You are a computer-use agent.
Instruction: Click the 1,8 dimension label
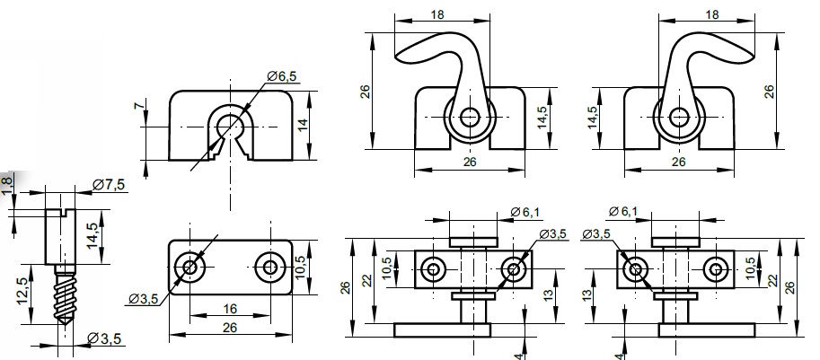click(x=8, y=183)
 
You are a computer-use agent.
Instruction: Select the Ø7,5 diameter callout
click(x=109, y=185)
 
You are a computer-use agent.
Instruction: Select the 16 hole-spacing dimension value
click(x=230, y=309)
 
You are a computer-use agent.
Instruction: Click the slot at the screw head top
click(x=63, y=212)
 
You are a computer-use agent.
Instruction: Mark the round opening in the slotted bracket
click(x=230, y=123)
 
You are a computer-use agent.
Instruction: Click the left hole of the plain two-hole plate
click(x=190, y=266)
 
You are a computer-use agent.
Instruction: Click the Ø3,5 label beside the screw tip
click(x=106, y=338)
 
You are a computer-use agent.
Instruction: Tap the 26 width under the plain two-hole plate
click(x=230, y=329)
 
